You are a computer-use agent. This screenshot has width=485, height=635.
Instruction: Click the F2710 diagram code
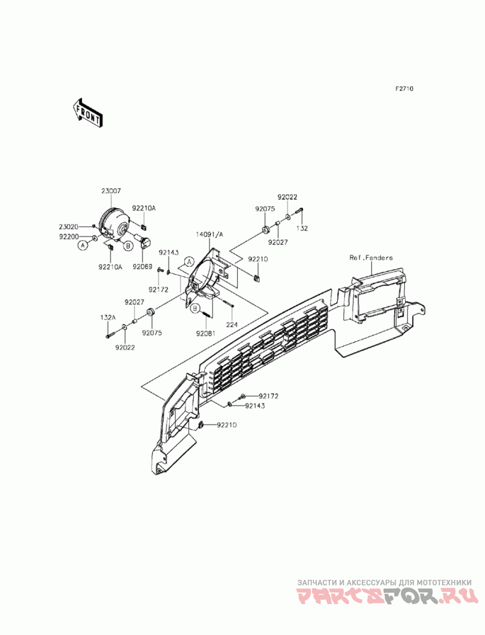click(x=404, y=89)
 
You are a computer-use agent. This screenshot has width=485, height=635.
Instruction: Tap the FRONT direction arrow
click(x=87, y=113)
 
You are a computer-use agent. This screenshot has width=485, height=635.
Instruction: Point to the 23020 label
click(x=68, y=227)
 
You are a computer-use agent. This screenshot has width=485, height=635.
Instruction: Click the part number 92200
click(x=68, y=236)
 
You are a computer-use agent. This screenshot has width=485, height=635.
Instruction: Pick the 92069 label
click(x=143, y=266)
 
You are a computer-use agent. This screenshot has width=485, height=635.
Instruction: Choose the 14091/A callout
click(x=209, y=234)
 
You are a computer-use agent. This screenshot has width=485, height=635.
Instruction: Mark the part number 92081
click(x=205, y=333)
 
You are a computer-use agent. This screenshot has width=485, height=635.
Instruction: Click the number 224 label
click(x=232, y=324)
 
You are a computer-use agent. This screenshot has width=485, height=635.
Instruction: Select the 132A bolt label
click(x=108, y=317)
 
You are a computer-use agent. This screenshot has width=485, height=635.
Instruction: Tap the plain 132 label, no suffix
click(x=302, y=229)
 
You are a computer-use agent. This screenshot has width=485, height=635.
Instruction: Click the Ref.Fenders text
click(x=370, y=258)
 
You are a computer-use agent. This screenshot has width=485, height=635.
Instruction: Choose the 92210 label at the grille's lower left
click(x=226, y=425)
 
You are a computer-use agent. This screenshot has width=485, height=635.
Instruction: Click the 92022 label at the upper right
click(x=288, y=197)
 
